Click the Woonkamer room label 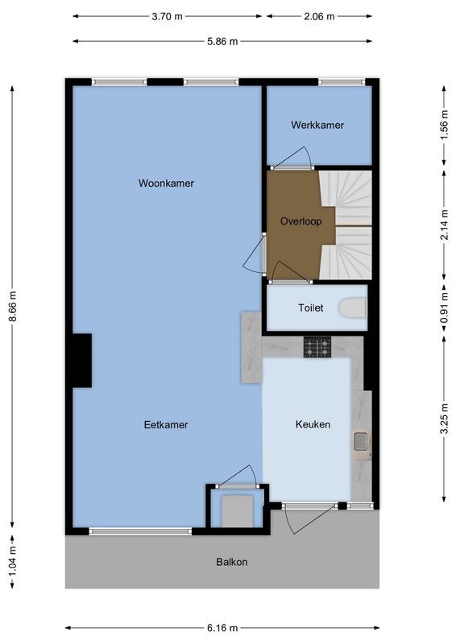pyautogui.click(x=166, y=184)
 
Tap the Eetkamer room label pyautogui.click(x=166, y=424)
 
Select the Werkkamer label pyautogui.click(x=317, y=126)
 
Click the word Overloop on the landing pyautogui.click(x=296, y=221)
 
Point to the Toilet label pyautogui.click(x=310, y=308)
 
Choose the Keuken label pyautogui.click(x=313, y=424)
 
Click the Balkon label pyautogui.click(x=231, y=562)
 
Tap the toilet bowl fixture pyautogui.click(x=353, y=308)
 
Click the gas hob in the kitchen pyautogui.click(x=317, y=347)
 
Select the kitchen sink pyautogui.click(x=361, y=440)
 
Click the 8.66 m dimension pyautogui.click(x=12, y=307)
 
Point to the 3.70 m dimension pyautogui.click(x=167, y=15)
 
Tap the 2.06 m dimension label pyautogui.click(x=319, y=15)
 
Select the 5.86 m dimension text pyautogui.click(x=222, y=42)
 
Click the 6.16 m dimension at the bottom pyautogui.click(x=222, y=628)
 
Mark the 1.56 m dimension pyautogui.click(x=444, y=126)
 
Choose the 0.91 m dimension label pyautogui.click(x=444, y=308)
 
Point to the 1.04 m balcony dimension pyautogui.click(x=12, y=560)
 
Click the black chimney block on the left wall pyautogui.click(x=81, y=360)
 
